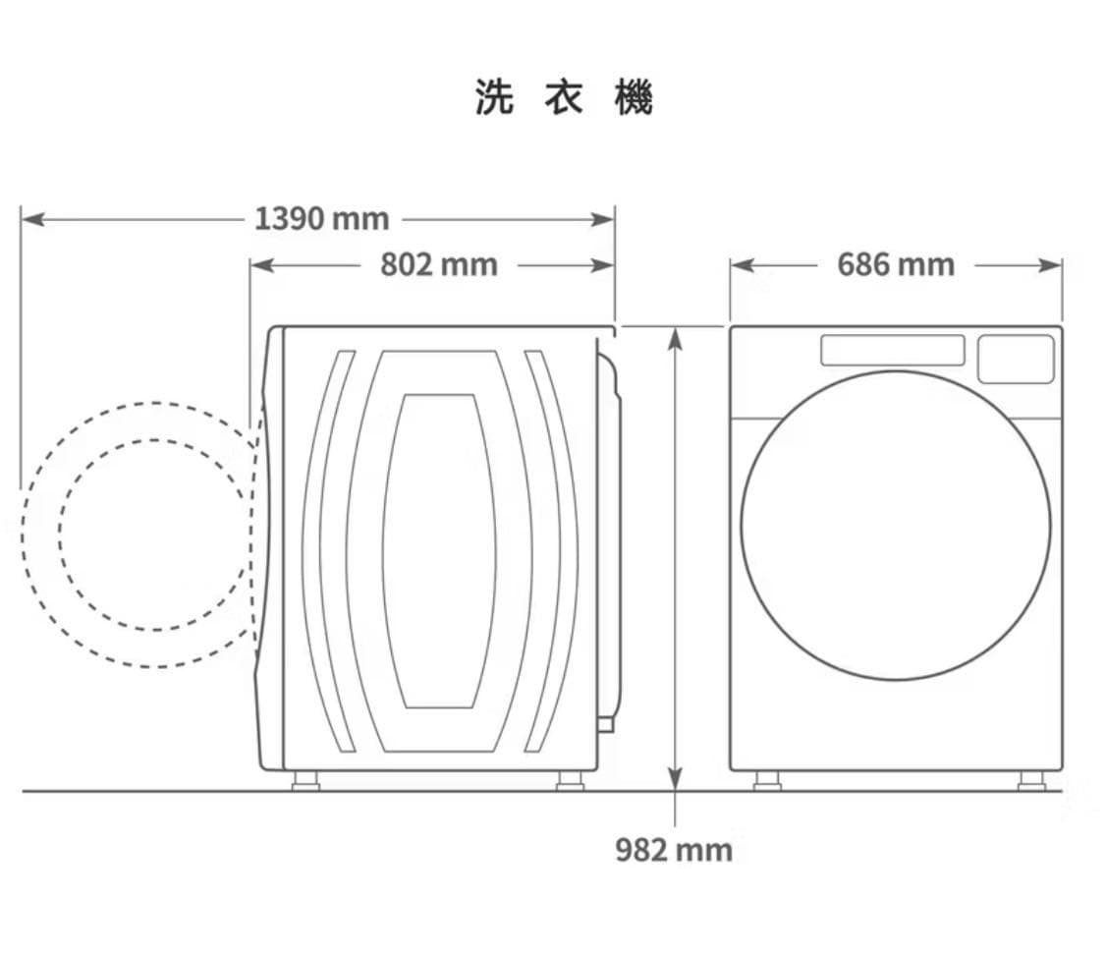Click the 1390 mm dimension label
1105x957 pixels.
[x=321, y=218]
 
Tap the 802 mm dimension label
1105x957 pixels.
[x=438, y=265]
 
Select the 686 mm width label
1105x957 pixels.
[x=896, y=265]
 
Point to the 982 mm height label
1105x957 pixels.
[x=674, y=849]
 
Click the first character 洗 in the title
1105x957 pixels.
[x=494, y=96]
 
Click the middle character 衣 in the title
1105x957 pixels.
[x=564, y=96]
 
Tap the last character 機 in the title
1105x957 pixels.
[x=634, y=96]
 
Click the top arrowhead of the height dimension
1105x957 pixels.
[x=675, y=338]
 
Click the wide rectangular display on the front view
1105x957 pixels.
[x=892, y=350]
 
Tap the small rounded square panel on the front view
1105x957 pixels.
[x=1016, y=359]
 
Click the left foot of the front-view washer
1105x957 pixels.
[x=767, y=780]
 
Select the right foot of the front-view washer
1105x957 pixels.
[x=1031, y=780]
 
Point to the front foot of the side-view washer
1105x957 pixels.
[x=305, y=780]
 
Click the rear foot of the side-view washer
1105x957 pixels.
[x=570, y=780]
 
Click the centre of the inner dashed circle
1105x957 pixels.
[x=154, y=535]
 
